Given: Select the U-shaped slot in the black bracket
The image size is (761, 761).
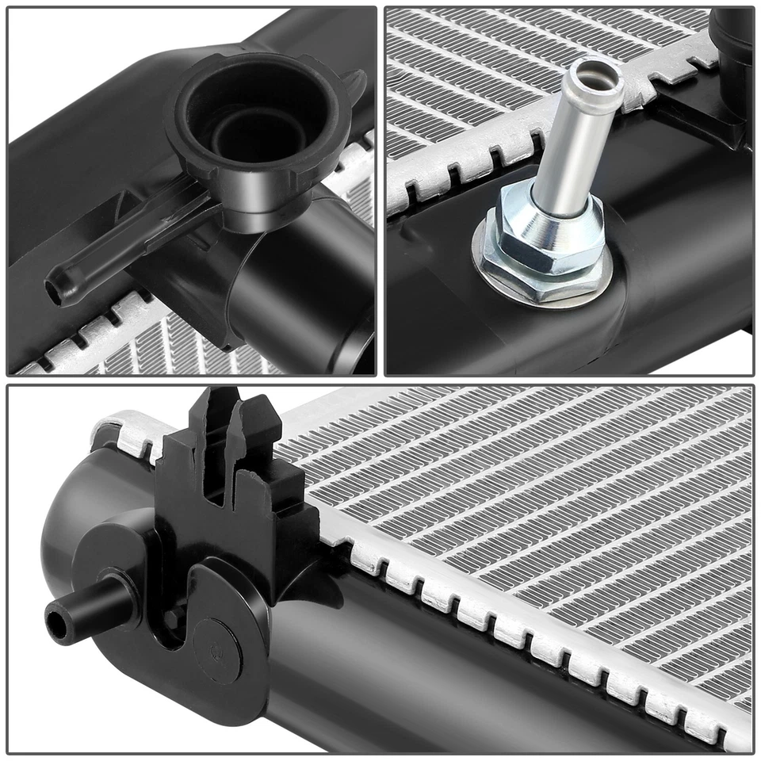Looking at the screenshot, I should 176,634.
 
